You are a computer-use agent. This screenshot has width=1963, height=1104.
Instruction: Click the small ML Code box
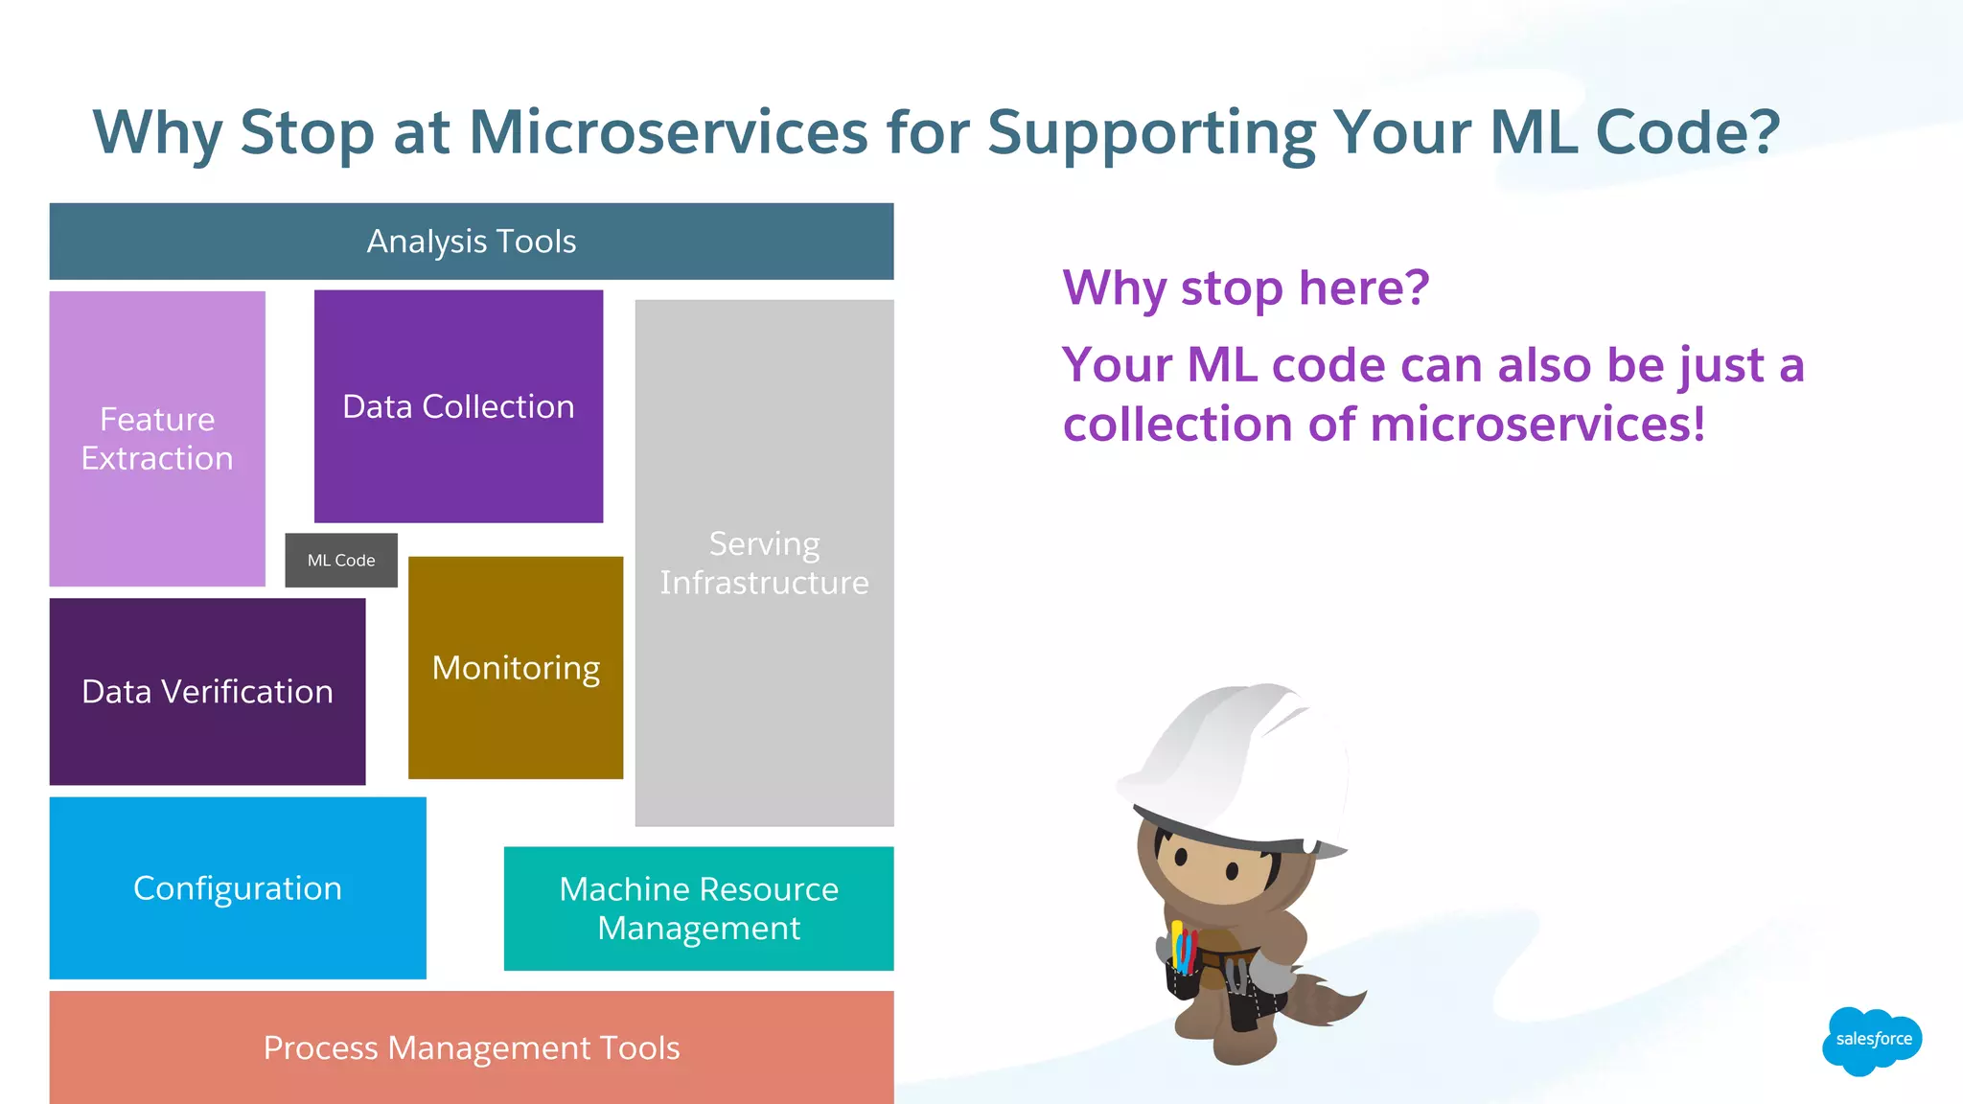341,561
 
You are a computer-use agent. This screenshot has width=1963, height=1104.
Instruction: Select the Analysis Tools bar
472,241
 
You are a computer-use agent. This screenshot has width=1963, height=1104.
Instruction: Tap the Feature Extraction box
157,439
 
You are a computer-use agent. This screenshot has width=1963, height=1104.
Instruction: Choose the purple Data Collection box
458,406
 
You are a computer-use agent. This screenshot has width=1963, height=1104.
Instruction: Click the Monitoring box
516,668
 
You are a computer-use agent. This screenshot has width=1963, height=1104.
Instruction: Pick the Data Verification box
207,692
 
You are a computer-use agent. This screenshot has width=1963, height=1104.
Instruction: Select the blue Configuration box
238,888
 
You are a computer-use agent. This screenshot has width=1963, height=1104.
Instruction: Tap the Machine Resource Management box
699,908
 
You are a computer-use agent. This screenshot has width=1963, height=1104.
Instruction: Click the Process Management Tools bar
472,1047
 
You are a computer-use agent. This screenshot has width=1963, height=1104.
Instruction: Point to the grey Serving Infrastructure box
764,563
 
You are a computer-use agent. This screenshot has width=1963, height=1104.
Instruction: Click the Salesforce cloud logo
1872,1040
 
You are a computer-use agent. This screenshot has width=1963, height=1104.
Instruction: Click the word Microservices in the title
668,131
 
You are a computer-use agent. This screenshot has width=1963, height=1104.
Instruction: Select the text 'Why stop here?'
1245,287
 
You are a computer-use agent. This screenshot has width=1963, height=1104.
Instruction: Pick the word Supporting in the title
1152,131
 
